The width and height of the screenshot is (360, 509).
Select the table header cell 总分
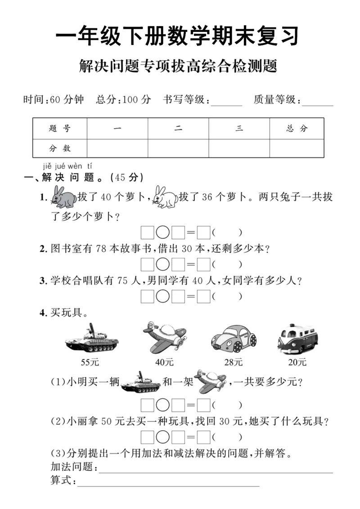coord(297,129)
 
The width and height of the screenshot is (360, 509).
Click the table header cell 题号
coord(60,129)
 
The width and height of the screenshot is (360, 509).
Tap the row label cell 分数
coord(60,148)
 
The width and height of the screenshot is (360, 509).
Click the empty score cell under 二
coord(178,148)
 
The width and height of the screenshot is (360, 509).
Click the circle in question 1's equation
coord(163,233)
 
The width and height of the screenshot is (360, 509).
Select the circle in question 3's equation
coord(163,297)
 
